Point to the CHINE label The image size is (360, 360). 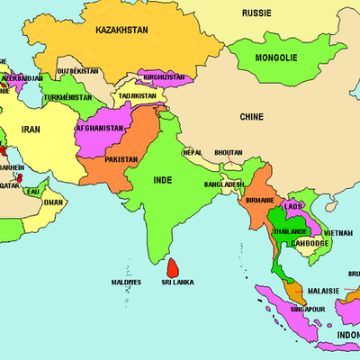[x=251, y=116]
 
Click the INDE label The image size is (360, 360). [x=163, y=180]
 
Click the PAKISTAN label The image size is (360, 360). [x=121, y=159]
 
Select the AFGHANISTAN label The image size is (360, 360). [x=100, y=128]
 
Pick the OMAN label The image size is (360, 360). [x=54, y=202]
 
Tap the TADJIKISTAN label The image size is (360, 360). [x=137, y=94]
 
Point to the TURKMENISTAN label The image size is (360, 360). [x=68, y=96]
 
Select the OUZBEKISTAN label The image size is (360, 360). [x=78, y=70]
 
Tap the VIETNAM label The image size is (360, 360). [x=338, y=233]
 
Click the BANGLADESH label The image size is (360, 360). [x=223, y=184]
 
